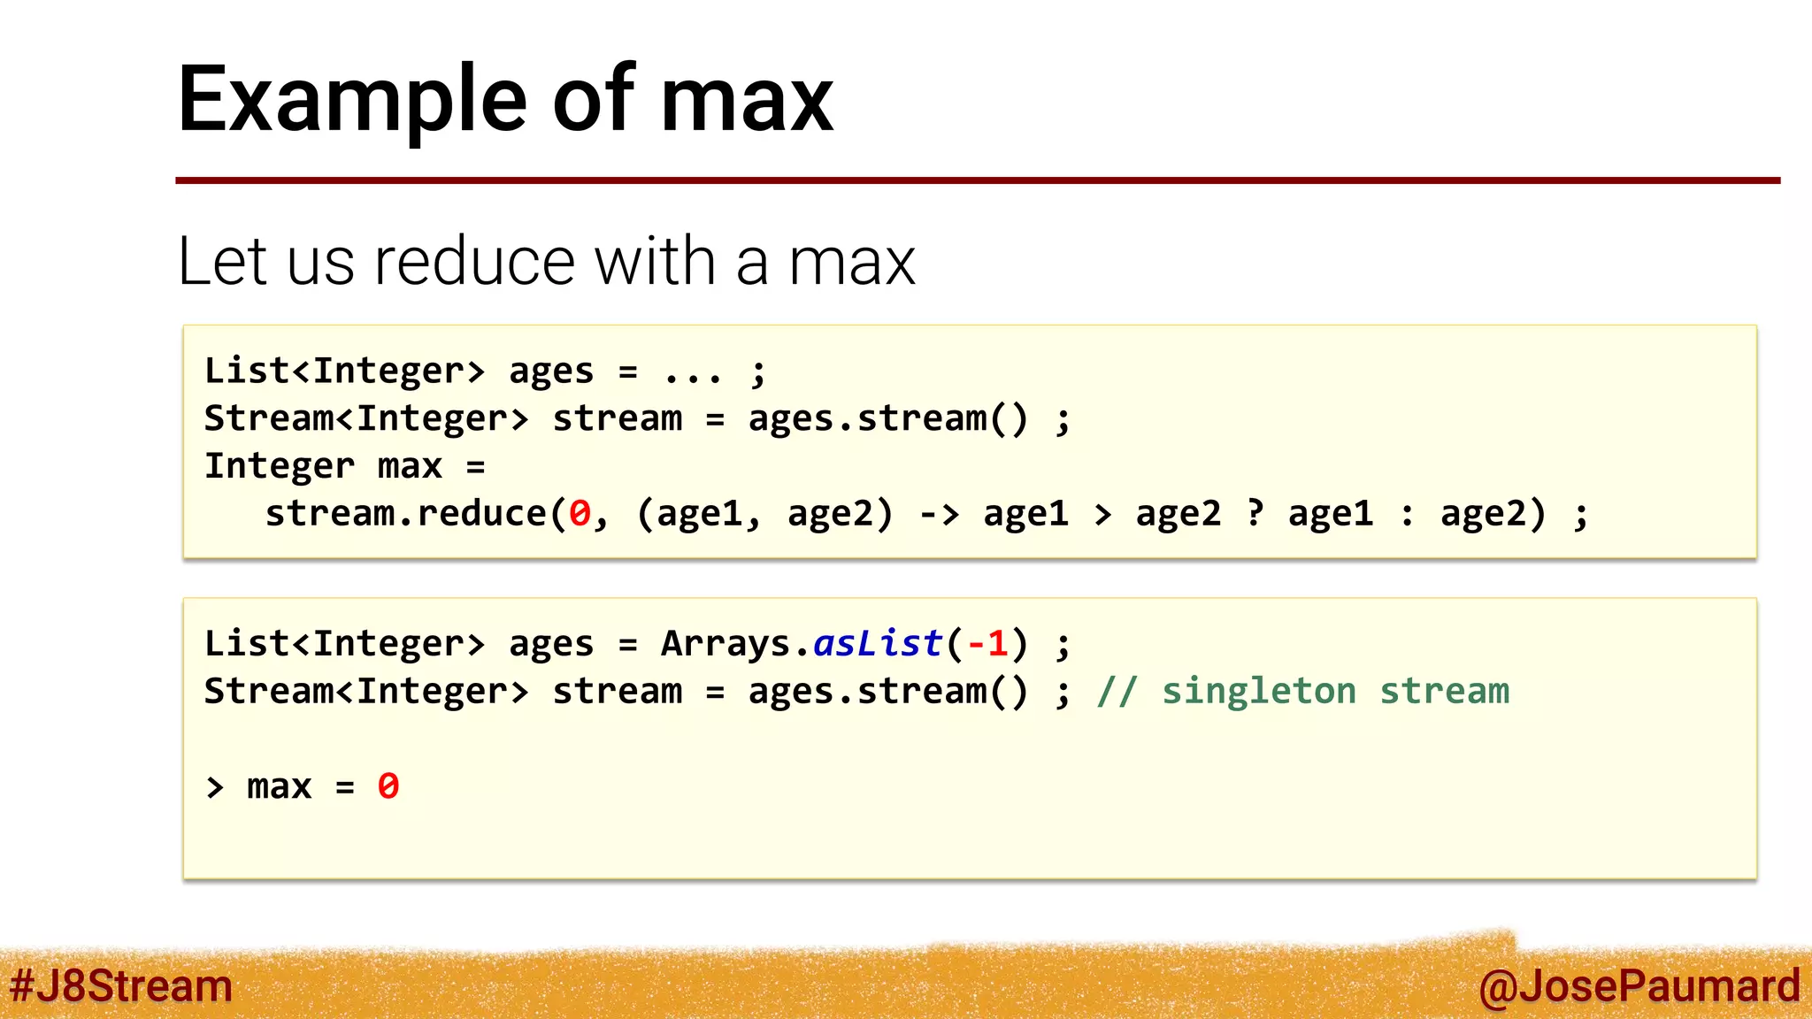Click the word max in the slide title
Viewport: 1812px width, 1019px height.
pyautogui.click(x=746, y=100)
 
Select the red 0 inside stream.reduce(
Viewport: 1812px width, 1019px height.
pyautogui.click(x=580, y=513)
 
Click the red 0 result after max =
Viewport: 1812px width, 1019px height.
pyautogui.click(x=388, y=785)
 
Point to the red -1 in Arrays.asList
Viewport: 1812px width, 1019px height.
pyautogui.click(x=987, y=643)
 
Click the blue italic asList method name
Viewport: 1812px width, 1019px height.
pyautogui.click(x=878, y=643)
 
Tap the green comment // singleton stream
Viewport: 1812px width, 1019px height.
pyautogui.click(x=1302, y=691)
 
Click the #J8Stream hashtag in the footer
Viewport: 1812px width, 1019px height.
pyautogui.click(x=121, y=985)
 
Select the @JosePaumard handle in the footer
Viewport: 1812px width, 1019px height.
pyautogui.click(x=1639, y=985)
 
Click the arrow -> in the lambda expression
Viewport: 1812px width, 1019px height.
pyautogui.click(x=939, y=513)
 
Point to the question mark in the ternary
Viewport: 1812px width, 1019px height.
pyautogui.click(x=1255, y=512)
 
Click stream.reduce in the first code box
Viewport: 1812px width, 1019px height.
pyautogui.click(x=405, y=513)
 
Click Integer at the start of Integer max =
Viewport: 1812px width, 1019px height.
pyautogui.click(x=279, y=465)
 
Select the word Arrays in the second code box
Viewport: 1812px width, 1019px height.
pyautogui.click(x=726, y=643)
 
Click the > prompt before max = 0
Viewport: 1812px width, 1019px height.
pyautogui.click(x=215, y=786)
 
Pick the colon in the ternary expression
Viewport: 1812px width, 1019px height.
pyautogui.click(x=1407, y=514)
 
